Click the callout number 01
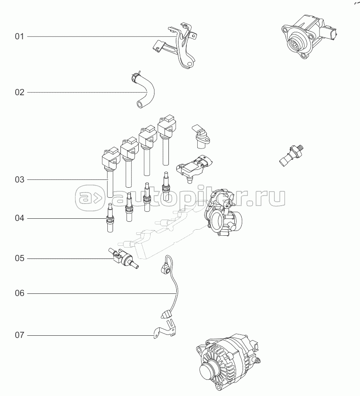tap(20, 37)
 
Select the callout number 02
tap(20, 93)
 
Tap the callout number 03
tap(20, 180)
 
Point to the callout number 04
tap(20, 218)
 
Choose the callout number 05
tap(20, 258)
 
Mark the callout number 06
tap(20, 293)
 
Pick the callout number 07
tap(20, 335)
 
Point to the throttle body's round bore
tap(218, 219)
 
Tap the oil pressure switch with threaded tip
tap(291, 155)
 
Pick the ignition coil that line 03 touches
tap(110, 172)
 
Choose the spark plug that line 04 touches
tap(110, 218)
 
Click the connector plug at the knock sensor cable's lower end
tap(165, 315)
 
